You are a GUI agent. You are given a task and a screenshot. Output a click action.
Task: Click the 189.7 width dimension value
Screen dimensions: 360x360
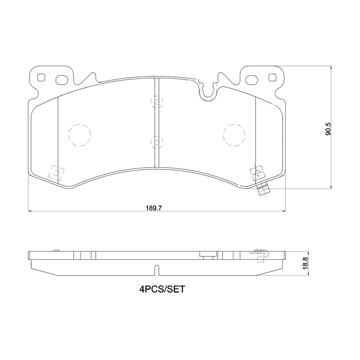pos(153,208)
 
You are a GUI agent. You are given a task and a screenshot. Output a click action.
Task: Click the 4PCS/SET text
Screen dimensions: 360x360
pos(162,289)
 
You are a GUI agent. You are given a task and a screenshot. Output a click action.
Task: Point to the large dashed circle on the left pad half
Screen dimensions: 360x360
pos(79,135)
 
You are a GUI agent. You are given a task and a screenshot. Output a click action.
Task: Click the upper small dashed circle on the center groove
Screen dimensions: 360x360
pos(156,102)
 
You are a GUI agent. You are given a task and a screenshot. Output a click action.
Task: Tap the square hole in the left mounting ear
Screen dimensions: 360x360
pos(42,77)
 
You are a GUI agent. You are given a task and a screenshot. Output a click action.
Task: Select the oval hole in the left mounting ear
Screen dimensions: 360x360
pos(61,81)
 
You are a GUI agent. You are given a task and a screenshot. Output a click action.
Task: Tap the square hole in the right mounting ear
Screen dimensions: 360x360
pos(271,77)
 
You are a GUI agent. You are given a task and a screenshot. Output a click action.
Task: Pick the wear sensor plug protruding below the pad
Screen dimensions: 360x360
pos(263,190)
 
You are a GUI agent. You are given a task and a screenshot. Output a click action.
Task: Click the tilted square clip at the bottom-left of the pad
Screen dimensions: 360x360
pos(55,172)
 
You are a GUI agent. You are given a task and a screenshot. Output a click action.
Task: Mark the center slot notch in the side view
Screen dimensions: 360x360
pos(156,270)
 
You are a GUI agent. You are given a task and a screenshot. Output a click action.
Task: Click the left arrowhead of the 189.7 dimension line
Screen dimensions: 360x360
pos(30,211)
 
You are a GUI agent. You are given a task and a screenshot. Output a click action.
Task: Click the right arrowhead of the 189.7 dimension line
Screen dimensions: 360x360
pos(284,211)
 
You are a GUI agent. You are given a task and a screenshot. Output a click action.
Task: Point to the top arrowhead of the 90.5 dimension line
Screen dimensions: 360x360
pos(332,67)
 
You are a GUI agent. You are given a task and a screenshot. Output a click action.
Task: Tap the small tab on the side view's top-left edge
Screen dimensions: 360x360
pos(56,250)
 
